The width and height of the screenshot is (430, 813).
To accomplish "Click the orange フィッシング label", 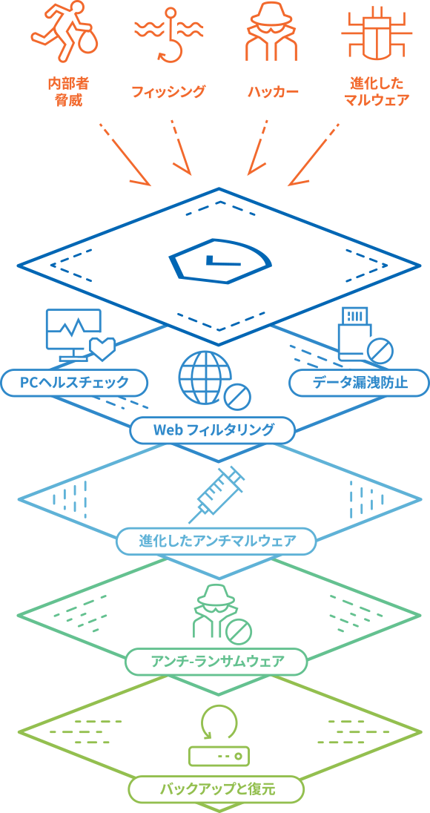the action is [168, 92].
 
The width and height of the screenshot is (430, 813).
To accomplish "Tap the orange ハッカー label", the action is [273, 92].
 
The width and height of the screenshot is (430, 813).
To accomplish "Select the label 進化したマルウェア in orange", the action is [377, 92].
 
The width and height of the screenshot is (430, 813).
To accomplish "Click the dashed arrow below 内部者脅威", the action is [124, 154].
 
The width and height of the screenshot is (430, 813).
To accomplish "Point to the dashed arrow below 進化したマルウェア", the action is [314, 154].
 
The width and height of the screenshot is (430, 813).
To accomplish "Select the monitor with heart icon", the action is [79, 335].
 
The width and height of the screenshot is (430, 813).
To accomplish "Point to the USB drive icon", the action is [365, 335].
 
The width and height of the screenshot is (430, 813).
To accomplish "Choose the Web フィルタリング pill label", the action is [213, 429].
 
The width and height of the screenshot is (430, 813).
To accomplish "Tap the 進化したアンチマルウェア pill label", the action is [216, 542].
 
